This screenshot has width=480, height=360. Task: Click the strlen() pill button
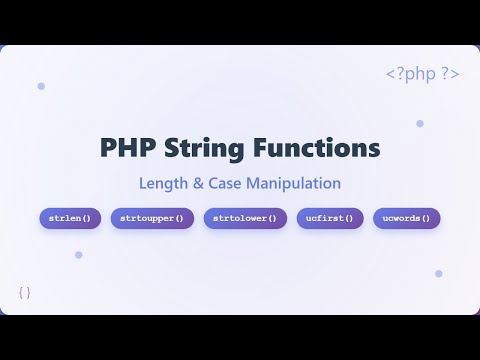[x=69, y=218]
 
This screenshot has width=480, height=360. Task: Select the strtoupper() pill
[x=152, y=218]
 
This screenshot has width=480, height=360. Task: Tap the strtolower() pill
[x=245, y=218]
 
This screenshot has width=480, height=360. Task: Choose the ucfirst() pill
[x=330, y=218]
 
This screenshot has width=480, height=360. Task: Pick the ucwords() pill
[x=407, y=218]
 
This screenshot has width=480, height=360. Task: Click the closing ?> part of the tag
[x=449, y=75]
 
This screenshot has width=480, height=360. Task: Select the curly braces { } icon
[x=25, y=292]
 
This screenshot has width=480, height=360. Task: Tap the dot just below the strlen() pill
[x=78, y=255]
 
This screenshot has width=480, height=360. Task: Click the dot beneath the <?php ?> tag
[x=420, y=124]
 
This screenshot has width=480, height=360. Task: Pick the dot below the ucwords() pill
[x=438, y=273]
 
